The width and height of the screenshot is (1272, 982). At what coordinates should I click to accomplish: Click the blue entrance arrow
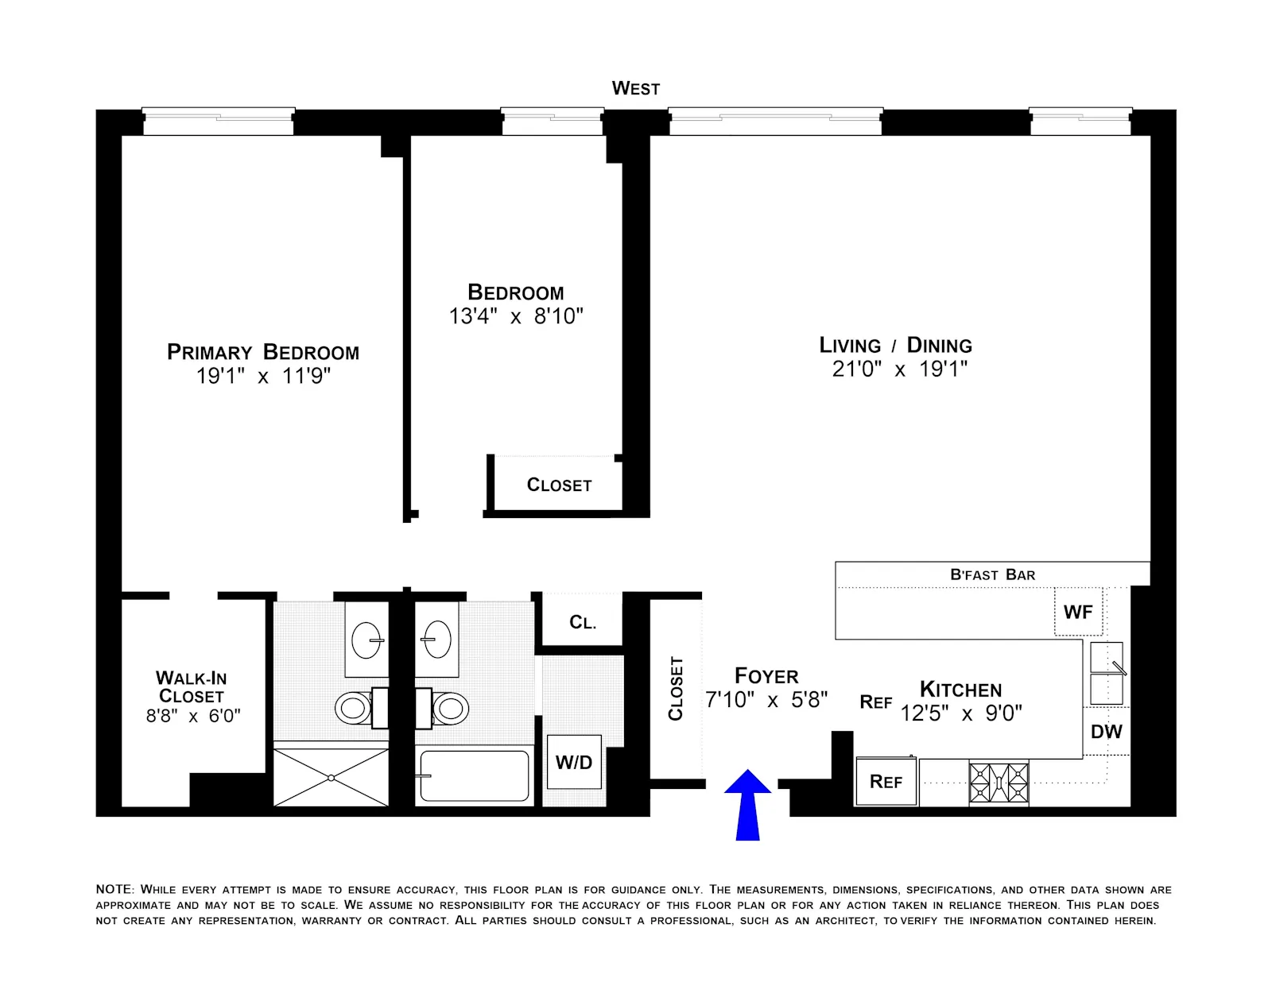coord(747,804)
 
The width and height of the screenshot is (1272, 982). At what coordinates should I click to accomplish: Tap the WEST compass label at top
coord(635,88)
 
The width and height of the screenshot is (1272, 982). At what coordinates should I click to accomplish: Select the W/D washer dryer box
coord(574,763)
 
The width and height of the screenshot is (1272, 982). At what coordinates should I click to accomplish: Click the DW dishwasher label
coord(1106,732)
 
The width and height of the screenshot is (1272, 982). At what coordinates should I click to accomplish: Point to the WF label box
coord(1078,612)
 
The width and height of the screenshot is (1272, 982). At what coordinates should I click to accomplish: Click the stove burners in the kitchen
coord(999,783)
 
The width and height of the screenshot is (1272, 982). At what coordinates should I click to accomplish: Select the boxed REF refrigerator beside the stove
coord(886,782)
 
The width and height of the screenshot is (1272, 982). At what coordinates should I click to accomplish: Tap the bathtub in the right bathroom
coord(474,775)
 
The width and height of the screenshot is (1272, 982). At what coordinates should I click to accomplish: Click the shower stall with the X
coord(331,777)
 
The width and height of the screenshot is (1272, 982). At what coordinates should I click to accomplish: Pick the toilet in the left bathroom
coord(355,708)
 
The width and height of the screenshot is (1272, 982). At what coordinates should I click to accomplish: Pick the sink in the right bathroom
coord(437,640)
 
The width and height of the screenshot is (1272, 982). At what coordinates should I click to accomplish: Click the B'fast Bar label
coord(992,574)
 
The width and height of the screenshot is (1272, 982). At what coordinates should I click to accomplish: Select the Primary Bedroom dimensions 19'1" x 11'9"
coord(263,376)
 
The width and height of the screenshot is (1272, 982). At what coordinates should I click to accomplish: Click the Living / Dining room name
coord(895,346)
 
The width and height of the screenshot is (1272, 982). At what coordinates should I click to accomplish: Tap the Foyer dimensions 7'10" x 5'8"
coord(766,700)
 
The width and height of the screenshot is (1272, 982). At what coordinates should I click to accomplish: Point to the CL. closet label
coord(583,622)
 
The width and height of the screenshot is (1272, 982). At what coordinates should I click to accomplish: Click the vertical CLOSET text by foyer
coord(676,688)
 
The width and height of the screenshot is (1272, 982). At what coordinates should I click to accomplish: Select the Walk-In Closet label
coord(192,687)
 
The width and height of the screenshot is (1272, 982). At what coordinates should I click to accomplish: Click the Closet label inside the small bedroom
coord(559,485)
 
